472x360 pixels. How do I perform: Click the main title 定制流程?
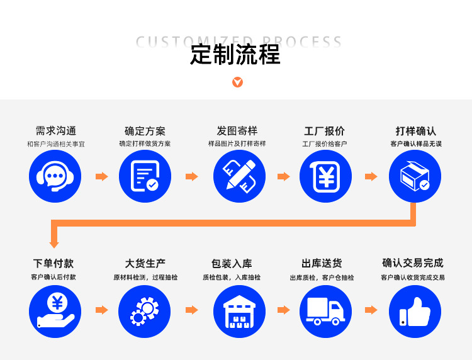pos(235,55)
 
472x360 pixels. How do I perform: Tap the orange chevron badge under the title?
pos(237,82)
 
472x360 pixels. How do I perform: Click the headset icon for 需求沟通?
pos(55,176)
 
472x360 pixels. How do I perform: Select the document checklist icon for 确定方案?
pos(145,176)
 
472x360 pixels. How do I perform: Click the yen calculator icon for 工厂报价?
pos(325,176)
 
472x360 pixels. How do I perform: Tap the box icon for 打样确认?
pos(415,176)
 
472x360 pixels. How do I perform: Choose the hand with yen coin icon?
pos(55,311)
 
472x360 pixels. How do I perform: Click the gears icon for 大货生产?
pos(145,311)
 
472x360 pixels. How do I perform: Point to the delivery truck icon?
pos(325,311)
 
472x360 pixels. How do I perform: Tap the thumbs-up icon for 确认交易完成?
pos(415,311)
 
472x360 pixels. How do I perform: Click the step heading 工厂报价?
pos(325,131)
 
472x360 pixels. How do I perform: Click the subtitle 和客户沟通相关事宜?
pos(55,144)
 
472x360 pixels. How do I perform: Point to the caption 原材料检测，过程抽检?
pos(145,278)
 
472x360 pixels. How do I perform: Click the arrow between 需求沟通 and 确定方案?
pos(101,177)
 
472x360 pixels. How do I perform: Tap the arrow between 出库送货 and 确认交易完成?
pos(371,310)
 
